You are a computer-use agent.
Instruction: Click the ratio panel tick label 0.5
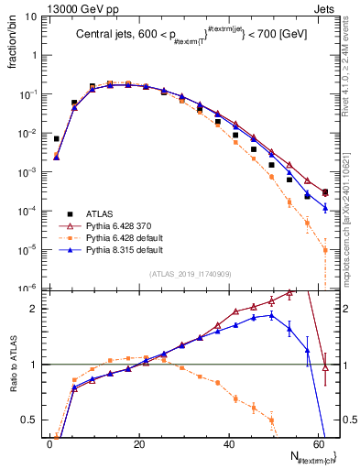click(32, 420)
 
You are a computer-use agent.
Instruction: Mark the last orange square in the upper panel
click(325, 249)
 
